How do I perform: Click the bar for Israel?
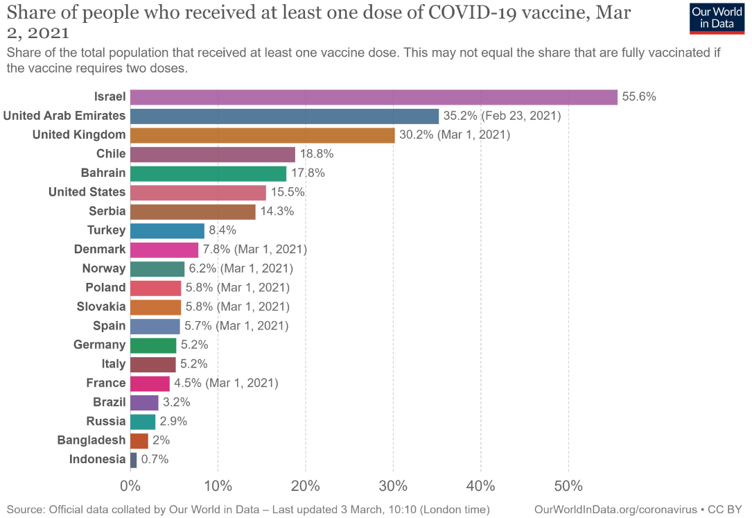[x=373, y=97]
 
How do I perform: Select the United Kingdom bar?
[x=262, y=135]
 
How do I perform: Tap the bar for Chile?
[x=212, y=154]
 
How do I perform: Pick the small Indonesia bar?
[x=133, y=460]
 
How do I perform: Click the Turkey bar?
[x=167, y=230]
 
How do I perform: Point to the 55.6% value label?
[x=639, y=97]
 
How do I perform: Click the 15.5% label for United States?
[x=288, y=192]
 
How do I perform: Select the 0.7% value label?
[x=155, y=460]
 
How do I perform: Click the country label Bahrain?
[x=103, y=173]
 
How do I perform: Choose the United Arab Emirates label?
[x=64, y=116]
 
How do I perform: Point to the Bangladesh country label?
[x=91, y=440]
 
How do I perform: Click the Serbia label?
[x=107, y=211]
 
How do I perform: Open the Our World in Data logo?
[x=717, y=17]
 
